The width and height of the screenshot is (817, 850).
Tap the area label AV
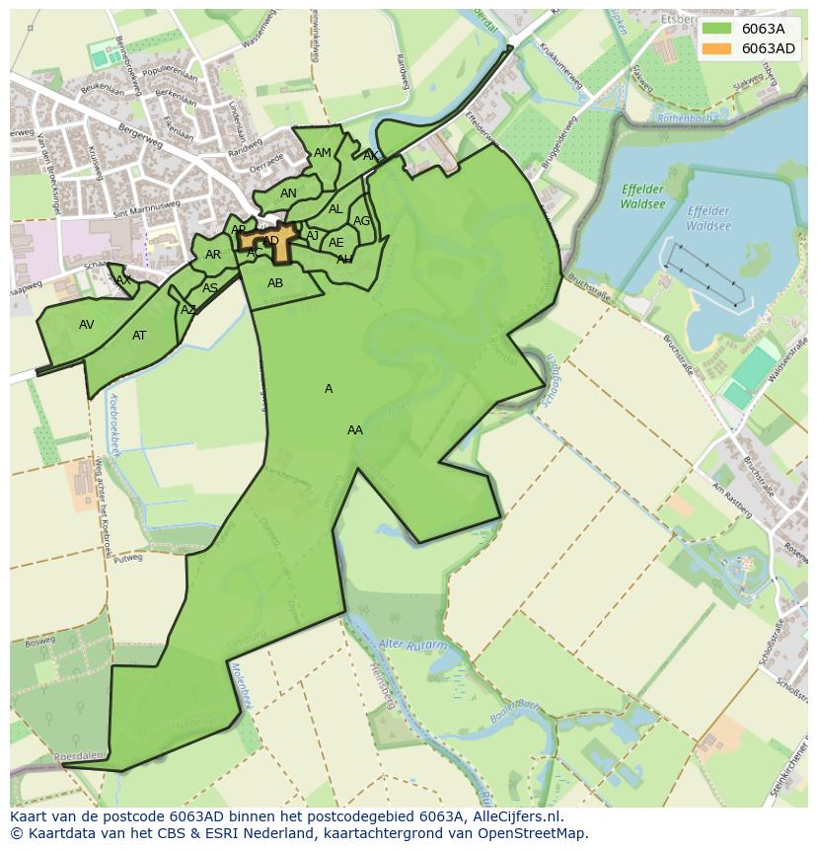pyautogui.click(x=87, y=325)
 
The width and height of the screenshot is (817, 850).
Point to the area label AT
pyautogui.click(x=139, y=336)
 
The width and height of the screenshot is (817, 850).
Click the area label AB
pyautogui.click(x=275, y=283)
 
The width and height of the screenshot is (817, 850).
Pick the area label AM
pyautogui.click(x=323, y=153)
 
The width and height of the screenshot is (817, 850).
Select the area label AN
pyautogui.click(x=288, y=193)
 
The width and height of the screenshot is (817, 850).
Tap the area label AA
pyautogui.click(x=355, y=430)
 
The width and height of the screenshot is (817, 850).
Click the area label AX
pyautogui.click(x=123, y=280)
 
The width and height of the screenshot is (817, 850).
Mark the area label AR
pyautogui.click(x=213, y=255)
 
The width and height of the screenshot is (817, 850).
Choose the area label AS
pyautogui.click(x=210, y=288)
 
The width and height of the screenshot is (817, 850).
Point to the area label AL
pyautogui.click(x=335, y=209)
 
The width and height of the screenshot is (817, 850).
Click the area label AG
pyautogui.click(x=361, y=221)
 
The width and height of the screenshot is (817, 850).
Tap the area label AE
pyautogui.click(x=336, y=243)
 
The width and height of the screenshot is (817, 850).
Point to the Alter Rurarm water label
pyautogui.click(x=412, y=646)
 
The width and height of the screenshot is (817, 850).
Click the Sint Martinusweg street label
pyautogui.click(x=146, y=207)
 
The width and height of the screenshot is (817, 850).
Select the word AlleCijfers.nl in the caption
pyautogui.click(x=517, y=816)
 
